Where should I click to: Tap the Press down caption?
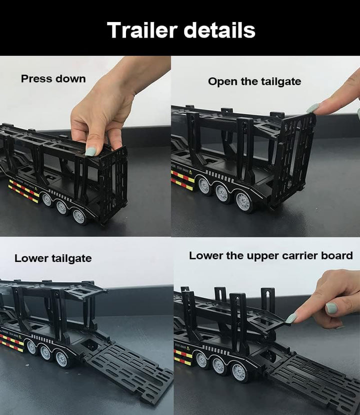point(53,79)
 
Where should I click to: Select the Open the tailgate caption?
point(254,81)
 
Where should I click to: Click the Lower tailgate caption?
point(53,258)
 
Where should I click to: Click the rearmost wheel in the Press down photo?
point(79,216)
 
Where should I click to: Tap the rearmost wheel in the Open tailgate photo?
point(243,202)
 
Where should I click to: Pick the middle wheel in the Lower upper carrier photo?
point(219,365)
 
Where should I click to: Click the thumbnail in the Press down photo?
point(90,150)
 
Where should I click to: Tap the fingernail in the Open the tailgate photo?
point(313,107)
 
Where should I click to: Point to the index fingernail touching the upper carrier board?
point(291,318)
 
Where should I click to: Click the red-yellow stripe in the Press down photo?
point(23,191)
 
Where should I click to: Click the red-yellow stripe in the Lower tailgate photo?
point(11,342)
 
